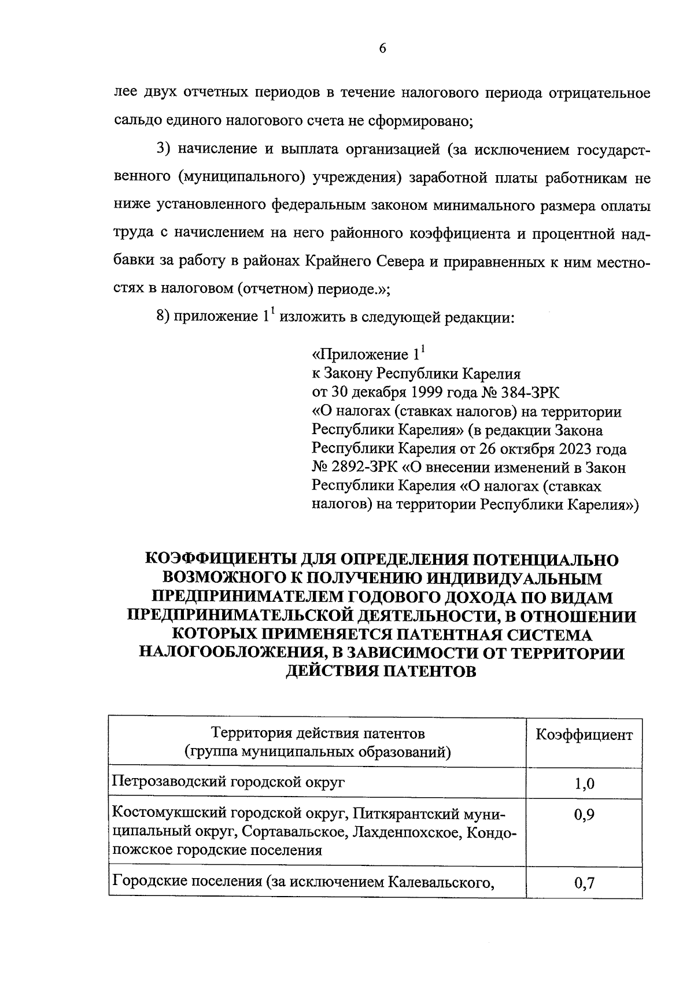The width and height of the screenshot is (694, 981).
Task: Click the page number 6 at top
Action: pyautogui.click(x=382, y=49)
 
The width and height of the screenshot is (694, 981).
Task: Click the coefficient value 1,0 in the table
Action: pyautogui.click(x=584, y=784)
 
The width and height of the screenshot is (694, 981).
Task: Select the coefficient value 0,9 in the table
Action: pyautogui.click(x=584, y=815)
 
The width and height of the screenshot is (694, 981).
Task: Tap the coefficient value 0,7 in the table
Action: pyautogui.click(x=584, y=883)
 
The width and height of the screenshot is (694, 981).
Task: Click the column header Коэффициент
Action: pyautogui.click(x=584, y=735)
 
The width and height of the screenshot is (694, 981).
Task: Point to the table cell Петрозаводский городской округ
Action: pyautogui.click(x=228, y=783)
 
